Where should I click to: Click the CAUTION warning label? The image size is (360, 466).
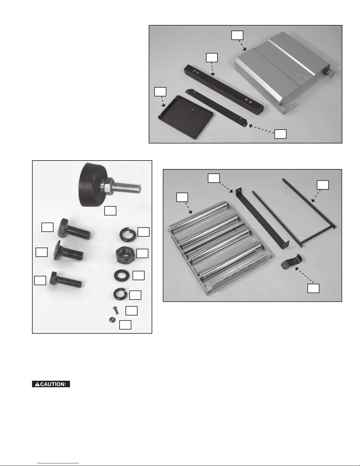click(x=51, y=384)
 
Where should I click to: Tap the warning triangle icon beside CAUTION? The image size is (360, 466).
click(x=37, y=384)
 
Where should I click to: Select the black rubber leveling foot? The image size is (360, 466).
click(x=92, y=185)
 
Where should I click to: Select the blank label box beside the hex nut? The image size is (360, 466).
click(x=142, y=253)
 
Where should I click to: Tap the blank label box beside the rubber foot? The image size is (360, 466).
click(x=110, y=211)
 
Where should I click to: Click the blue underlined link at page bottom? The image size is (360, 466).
click(x=58, y=464)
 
